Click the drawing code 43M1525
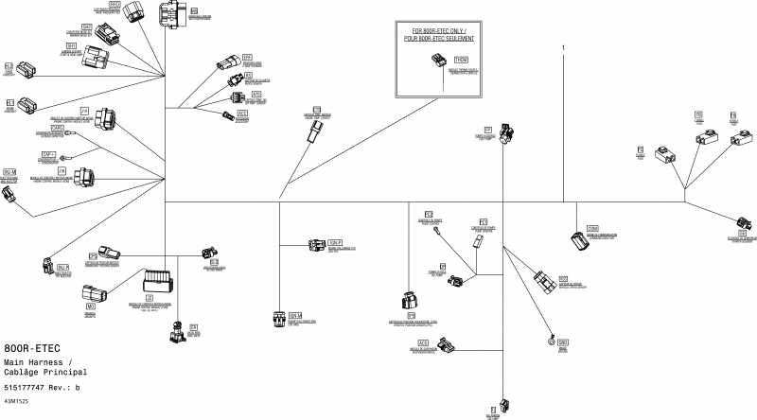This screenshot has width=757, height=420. tap(16, 403)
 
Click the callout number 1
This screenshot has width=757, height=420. tap(564, 47)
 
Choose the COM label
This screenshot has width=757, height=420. tap(592, 229)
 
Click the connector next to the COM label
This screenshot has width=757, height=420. tap(578, 242)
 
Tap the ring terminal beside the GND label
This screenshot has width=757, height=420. tap(550, 341)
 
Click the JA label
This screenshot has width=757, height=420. tap(85, 110)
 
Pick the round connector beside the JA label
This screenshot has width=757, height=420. tap(107, 119)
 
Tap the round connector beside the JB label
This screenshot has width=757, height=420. tap(83, 176)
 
